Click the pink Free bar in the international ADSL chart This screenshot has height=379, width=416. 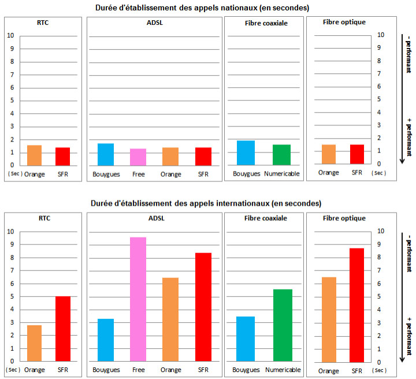[x=138, y=299]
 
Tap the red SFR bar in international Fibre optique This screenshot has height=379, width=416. [x=357, y=304]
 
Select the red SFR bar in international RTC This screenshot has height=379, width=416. [x=63, y=329]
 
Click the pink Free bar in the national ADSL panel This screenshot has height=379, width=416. [x=138, y=157]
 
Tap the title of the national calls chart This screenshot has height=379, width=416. [x=202, y=8]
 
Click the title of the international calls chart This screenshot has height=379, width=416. [x=206, y=203]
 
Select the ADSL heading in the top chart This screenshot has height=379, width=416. [x=155, y=22]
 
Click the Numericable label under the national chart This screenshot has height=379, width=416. [x=281, y=173]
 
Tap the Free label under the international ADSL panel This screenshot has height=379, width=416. [x=138, y=369]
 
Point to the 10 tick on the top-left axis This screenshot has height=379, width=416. [x=10, y=35]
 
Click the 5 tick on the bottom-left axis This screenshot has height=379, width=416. [x=10, y=296]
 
